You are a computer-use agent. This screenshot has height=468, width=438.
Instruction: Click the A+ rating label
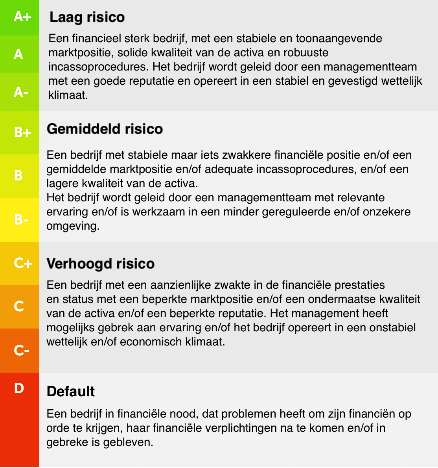click(22, 17)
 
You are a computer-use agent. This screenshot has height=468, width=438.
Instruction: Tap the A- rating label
click(21, 92)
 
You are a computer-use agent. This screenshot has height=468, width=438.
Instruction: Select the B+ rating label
click(22, 132)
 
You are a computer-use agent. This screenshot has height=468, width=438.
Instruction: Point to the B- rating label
click(21, 219)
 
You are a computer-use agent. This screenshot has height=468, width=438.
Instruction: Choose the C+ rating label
click(23, 263)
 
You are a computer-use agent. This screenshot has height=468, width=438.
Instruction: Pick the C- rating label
click(21, 350)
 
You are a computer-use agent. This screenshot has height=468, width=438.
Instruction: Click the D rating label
click(19, 388)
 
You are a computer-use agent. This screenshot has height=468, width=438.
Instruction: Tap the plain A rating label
click(18, 54)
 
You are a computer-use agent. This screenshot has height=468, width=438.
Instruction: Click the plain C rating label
click(19, 306)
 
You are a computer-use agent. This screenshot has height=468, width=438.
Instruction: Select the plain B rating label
click(18, 175)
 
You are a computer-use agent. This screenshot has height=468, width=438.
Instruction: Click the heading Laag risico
click(87, 17)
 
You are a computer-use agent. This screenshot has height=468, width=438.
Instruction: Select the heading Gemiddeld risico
click(105, 129)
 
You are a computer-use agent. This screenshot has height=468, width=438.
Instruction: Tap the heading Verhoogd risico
click(100, 264)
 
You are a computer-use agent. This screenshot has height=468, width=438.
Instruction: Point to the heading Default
click(71, 392)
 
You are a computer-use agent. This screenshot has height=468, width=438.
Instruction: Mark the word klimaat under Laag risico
click(68, 95)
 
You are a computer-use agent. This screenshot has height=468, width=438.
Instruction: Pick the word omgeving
click(73, 227)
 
